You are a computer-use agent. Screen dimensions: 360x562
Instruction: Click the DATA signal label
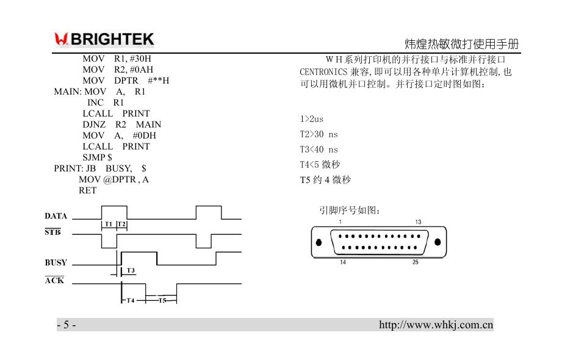[56, 216]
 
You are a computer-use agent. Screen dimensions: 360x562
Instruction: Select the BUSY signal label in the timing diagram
[56, 263]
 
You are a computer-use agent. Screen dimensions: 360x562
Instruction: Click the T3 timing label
[131, 270]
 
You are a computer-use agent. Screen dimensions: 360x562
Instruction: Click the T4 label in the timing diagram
[131, 300]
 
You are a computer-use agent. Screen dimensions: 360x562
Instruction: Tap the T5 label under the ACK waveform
[162, 300]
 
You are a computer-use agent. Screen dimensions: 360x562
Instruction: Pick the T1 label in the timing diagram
[109, 225]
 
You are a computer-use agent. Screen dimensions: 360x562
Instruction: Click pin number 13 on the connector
[418, 222]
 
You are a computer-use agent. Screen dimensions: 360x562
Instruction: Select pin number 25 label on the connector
[416, 262]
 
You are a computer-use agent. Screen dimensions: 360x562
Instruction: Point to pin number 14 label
[342, 262]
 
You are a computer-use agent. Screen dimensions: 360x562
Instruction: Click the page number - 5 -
[67, 325]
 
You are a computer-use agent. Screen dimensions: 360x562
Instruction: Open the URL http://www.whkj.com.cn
[436, 325]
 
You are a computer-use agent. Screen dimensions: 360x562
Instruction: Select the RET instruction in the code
[87, 190]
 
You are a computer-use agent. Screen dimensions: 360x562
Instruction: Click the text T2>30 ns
[318, 134]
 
